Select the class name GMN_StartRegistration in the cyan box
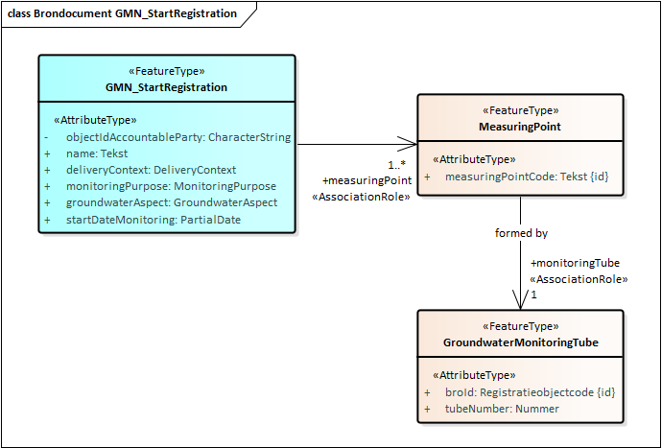tap(167, 86)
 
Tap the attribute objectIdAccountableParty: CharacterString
tap(177, 137)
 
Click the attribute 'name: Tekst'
tap(96, 153)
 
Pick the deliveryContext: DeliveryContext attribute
tap(151, 170)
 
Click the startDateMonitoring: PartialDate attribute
tap(154, 219)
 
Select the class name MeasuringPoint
tap(520, 127)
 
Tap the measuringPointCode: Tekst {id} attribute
tap(527, 177)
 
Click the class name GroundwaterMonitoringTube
tap(520, 342)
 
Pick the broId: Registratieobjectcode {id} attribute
tap(531, 392)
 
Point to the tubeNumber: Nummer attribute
tap(502, 409)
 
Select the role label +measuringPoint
tap(366, 180)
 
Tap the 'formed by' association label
tap(521, 232)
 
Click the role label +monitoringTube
tap(575, 263)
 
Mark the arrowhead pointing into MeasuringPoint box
tap(411, 145)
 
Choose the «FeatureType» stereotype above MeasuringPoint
tap(520, 110)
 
